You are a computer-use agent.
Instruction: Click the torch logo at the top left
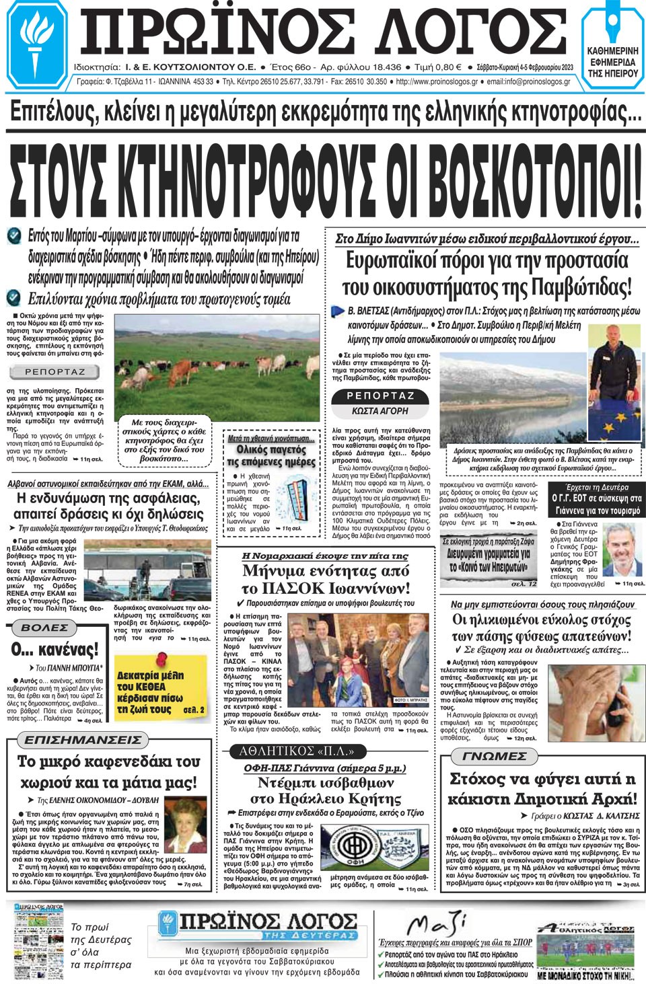(x=35, y=40)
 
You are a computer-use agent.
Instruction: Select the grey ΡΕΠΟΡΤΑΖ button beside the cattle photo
(x=55, y=372)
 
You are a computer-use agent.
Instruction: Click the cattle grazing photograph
(x=217, y=365)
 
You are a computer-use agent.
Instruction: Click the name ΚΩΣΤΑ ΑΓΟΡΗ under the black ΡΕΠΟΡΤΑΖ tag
(x=380, y=411)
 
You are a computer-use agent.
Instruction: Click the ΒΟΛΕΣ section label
(x=44, y=628)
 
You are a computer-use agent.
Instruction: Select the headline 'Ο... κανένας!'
(x=55, y=649)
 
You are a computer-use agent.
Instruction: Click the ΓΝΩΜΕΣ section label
(x=495, y=756)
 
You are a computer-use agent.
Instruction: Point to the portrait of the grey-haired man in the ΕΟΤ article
(x=621, y=550)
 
